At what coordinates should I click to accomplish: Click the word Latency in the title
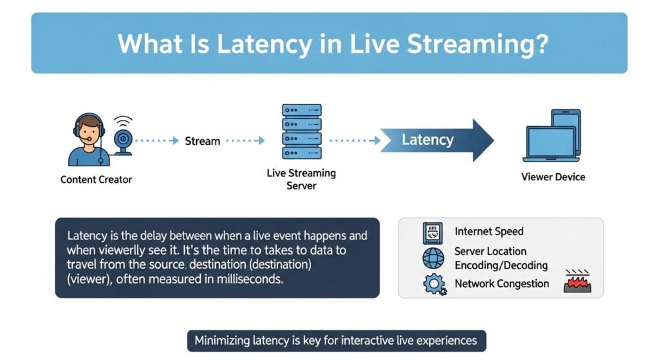coord(265,44)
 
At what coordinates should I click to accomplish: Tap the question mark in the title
coord(542,43)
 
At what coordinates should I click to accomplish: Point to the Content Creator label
coord(97,180)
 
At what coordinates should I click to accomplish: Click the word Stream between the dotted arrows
coord(203,141)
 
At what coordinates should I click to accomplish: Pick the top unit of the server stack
coord(302,110)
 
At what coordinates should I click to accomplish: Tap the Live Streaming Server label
coord(301,179)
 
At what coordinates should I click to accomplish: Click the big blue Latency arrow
coord(437,140)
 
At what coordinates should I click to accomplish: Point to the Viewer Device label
coord(553,177)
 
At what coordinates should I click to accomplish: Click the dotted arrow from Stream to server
coord(245,140)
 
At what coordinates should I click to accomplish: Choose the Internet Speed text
coord(489,231)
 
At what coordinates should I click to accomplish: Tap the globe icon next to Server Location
coord(433,258)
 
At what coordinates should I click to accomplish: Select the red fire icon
coord(577,281)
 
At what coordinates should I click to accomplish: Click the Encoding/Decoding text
coord(501,265)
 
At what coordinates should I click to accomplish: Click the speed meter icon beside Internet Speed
coord(432,233)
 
